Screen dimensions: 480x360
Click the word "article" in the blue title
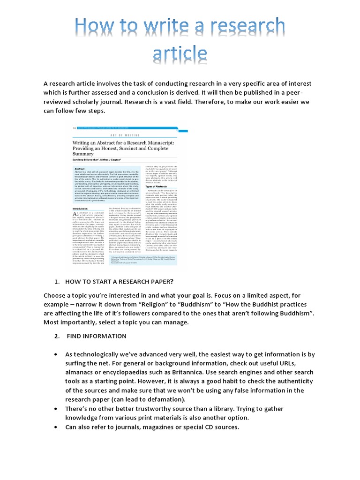tap(180, 55)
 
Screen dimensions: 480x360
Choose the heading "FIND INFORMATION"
tap(97, 336)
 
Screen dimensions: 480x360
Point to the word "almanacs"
tap(81, 373)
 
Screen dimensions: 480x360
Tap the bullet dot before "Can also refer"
tap(56, 427)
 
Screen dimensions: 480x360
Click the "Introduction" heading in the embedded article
tap(83, 209)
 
